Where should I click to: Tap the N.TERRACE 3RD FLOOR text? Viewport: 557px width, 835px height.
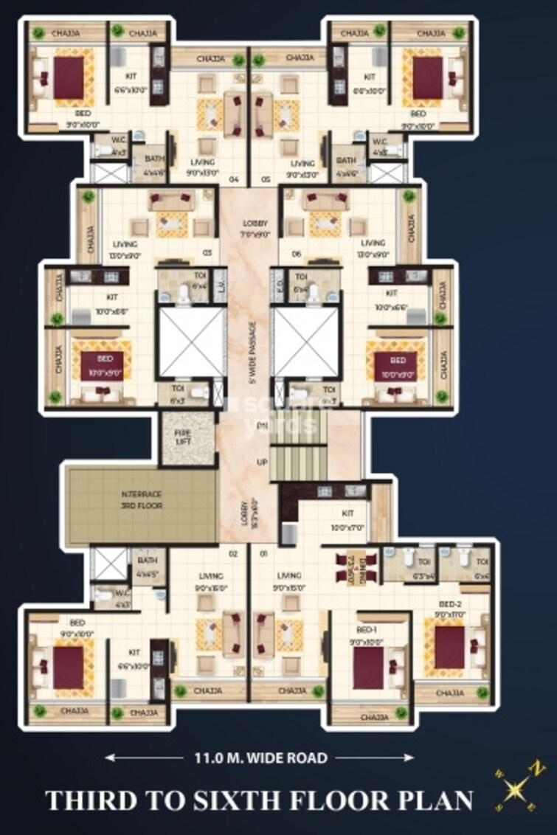(142, 501)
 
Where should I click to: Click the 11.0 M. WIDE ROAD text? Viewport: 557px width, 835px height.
(260, 758)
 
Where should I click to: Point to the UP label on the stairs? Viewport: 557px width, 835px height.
(261, 462)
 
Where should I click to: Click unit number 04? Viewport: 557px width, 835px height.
(234, 179)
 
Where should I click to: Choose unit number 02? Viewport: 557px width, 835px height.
(232, 552)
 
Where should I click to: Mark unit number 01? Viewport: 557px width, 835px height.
(263, 552)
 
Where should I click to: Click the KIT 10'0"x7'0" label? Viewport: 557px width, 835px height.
(347, 519)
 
